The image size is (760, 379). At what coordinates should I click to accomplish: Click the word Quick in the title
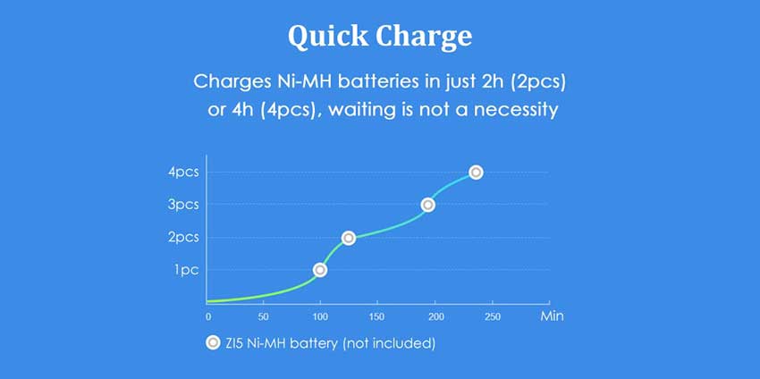tap(326, 37)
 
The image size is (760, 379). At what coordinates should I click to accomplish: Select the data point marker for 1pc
tap(320, 270)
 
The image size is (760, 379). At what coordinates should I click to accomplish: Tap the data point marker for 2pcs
tap(349, 238)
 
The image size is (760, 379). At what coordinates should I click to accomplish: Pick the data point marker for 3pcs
tap(428, 205)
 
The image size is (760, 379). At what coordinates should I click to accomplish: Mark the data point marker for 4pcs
tap(476, 173)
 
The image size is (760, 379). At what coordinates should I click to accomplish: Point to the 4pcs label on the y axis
tap(183, 173)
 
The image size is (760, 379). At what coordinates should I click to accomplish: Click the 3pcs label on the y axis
tap(183, 205)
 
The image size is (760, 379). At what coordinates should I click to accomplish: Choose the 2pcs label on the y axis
tap(183, 237)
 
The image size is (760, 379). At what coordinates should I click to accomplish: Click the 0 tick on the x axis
tap(208, 316)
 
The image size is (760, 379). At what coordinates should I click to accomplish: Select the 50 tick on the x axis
tap(263, 316)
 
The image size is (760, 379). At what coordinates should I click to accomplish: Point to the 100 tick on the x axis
tap(319, 316)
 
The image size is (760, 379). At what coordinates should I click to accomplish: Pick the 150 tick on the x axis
tap(376, 316)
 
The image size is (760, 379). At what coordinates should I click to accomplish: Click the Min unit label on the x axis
tap(551, 316)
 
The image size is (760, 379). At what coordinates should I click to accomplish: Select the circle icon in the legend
tap(213, 342)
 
